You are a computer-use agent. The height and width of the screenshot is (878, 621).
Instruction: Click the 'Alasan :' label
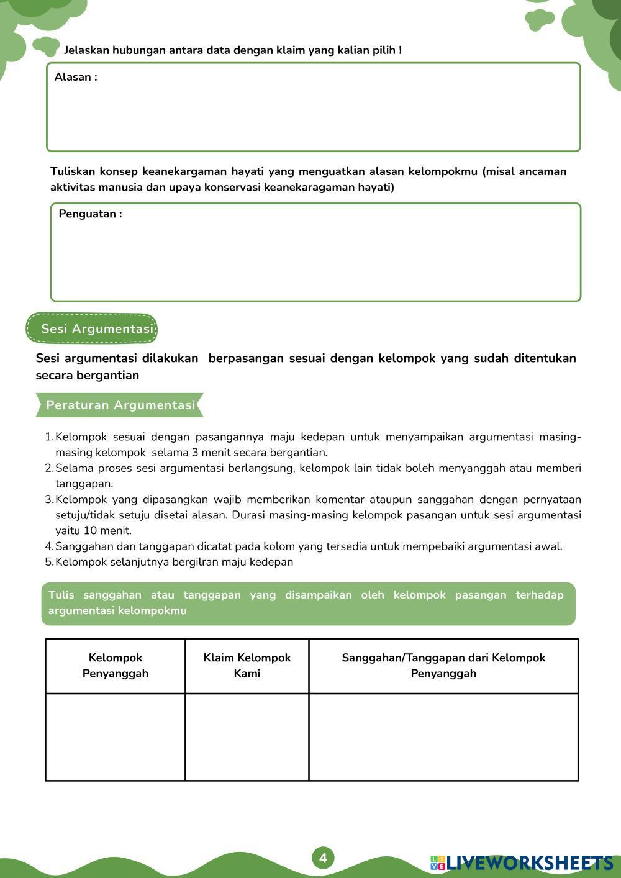coord(76,78)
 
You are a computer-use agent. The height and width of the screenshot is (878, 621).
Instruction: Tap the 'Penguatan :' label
coord(90,214)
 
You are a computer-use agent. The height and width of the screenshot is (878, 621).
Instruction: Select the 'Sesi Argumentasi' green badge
coord(92,328)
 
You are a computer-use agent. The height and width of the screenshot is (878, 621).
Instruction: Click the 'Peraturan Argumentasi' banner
coord(120,405)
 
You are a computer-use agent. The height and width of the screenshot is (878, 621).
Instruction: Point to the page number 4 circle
coord(323,858)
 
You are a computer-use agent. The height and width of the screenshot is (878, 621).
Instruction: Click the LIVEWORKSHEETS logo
coord(522,862)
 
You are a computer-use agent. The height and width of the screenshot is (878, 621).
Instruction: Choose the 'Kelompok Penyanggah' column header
coord(116,666)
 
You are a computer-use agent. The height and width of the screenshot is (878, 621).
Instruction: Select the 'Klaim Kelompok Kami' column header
coord(247,666)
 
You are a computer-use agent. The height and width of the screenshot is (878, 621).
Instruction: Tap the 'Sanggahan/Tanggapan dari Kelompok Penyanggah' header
coord(443,666)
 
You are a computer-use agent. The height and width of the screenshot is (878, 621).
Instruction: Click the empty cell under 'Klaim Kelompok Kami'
coord(247,736)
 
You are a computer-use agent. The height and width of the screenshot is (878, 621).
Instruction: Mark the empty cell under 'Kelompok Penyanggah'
coord(116,736)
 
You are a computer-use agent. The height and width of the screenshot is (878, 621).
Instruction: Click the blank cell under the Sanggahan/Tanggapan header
coord(443,736)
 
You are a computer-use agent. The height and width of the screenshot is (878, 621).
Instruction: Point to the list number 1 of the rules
coord(48,437)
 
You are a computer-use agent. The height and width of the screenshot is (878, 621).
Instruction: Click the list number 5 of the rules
coord(48,563)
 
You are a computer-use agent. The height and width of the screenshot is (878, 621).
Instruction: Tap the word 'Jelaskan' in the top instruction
coord(86,50)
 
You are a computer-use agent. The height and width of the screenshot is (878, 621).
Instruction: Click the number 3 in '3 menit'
coord(195,453)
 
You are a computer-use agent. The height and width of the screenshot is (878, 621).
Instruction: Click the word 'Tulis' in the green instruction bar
coord(61,595)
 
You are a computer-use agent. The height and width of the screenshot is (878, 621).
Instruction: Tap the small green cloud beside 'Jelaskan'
coord(45,45)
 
